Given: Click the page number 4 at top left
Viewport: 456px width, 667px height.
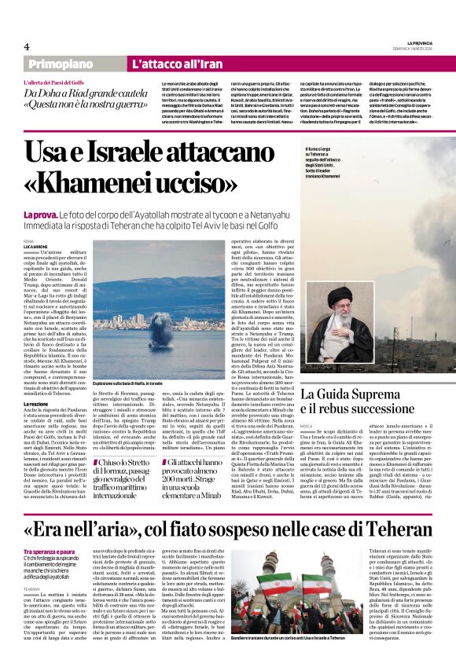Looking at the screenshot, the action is click(26, 47).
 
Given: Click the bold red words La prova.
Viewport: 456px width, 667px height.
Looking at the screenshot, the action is click(39, 214).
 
